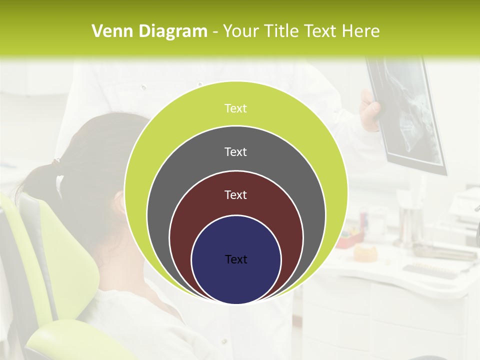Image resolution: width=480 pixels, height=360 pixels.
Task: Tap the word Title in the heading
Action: [x=283, y=31]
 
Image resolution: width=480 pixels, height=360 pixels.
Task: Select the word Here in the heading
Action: [x=360, y=31]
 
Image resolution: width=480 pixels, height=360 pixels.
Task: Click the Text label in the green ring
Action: [x=235, y=108]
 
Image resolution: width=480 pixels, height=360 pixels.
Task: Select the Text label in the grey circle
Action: [x=235, y=151]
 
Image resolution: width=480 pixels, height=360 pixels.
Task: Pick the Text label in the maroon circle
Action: [x=235, y=195]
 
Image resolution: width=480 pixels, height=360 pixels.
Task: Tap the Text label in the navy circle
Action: [x=235, y=259]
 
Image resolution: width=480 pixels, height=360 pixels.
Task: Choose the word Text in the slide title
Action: [x=320, y=31]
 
